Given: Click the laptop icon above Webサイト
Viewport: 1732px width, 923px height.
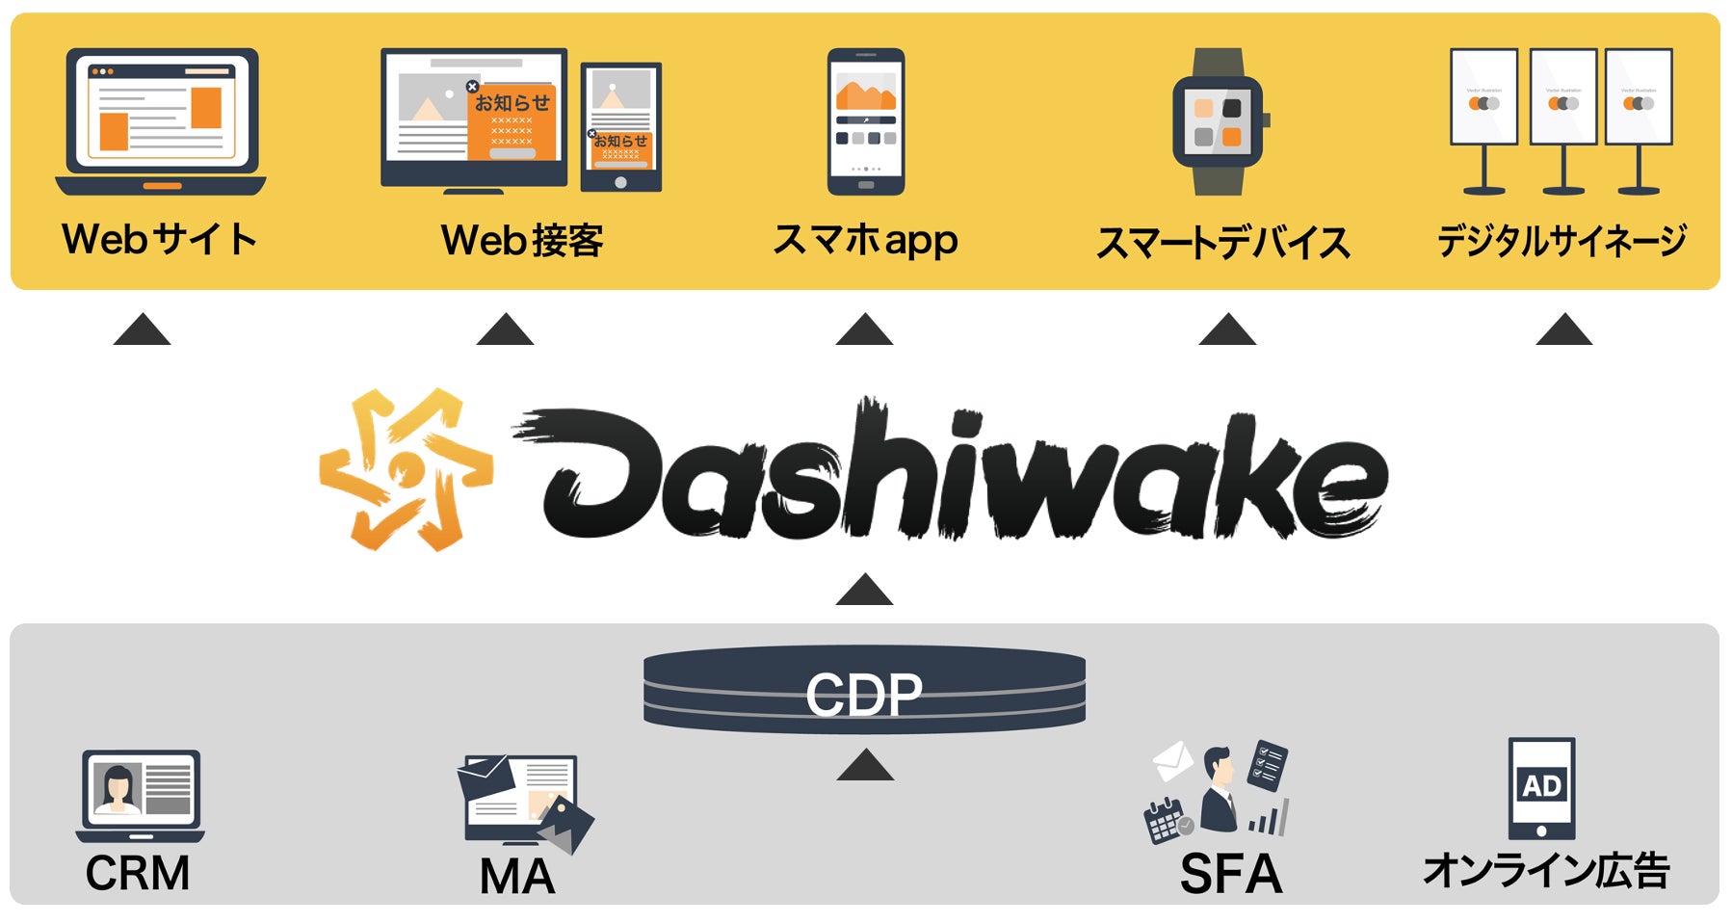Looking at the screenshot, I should click(x=161, y=121).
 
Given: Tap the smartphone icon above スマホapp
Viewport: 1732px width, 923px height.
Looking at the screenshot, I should click(x=865, y=120).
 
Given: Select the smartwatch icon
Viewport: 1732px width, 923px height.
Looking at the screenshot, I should click(x=1219, y=121).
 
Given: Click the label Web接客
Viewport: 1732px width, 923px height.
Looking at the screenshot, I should click(x=522, y=240).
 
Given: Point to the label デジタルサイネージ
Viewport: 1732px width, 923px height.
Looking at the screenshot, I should click(x=1561, y=240).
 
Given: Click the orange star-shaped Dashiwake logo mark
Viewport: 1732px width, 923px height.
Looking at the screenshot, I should click(x=407, y=469).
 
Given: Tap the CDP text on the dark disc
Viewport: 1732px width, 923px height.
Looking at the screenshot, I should click(x=864, y=695).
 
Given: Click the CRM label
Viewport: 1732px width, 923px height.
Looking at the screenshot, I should click(x=138, y=873).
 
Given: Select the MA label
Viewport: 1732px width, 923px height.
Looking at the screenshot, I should click(x=517, y=876).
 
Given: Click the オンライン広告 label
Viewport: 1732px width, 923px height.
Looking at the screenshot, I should click(x=1546, y=870).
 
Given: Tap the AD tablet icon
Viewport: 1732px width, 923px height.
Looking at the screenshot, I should click(x=1541, y=788).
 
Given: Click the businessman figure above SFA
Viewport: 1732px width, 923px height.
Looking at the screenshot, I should click(x=1219, y=790).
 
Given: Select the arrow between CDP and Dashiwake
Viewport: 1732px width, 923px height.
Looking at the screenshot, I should click(x=864, y=590).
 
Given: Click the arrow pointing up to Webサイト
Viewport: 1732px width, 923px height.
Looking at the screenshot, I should click(x=142, y=330).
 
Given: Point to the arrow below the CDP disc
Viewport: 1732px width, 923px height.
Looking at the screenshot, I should click(x=865, y=765).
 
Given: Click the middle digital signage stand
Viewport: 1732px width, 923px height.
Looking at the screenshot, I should click(x=1562, y=119).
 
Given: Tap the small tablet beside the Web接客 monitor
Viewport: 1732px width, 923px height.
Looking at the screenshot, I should click(x=621, y=126).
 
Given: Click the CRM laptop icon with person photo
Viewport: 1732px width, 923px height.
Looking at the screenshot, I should click(x=141, y=795).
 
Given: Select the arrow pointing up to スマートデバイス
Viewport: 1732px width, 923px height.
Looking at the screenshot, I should click(x=1226, y=330).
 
